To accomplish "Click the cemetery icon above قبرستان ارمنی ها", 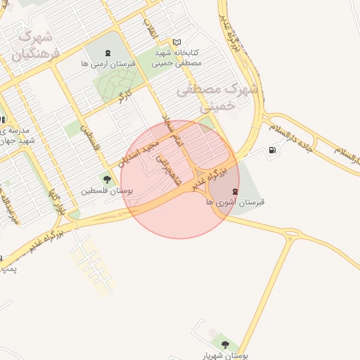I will pyautogui.click(x=108, y=53).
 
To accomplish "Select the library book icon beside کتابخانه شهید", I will pyautogui.click(x=176, y=42).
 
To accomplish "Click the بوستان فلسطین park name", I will pyautogui.click(x=107, y=191).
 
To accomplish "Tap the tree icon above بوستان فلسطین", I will pyautogui.click(x=107, y=179).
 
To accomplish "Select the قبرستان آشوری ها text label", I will pyautogui.click(x=235, y=202).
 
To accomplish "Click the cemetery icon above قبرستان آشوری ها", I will pyautogui.click(x=235, y=191).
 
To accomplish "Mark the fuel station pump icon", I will pyautogui.click(x=272, y=150).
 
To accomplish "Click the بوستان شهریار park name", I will pyautogui.click(x=225, y=356).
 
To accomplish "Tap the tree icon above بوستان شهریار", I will pyautogui.click(x=225, y=345).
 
